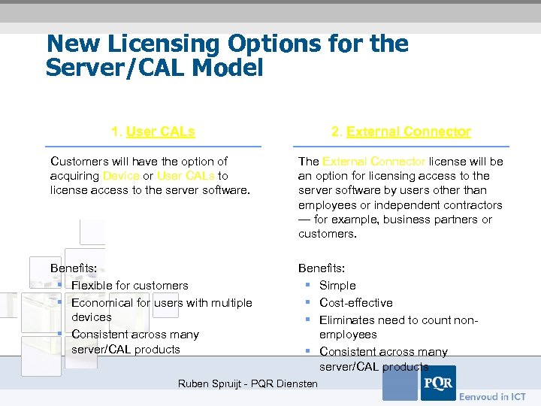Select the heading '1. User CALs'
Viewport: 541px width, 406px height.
[x=153, y=132]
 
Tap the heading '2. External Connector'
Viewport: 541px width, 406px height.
[x=401, y=132]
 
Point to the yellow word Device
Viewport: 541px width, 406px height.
[x=121, y=175]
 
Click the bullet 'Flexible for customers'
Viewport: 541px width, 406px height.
[x=129, y=286]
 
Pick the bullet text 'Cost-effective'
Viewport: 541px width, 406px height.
[x=356, y=302]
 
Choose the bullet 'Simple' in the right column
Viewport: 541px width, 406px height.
[x=337, y=286]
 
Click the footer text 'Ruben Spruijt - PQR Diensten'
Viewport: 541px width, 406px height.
[x=248, y=384]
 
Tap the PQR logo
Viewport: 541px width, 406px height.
[x=437, y=383]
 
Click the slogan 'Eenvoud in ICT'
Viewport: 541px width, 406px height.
[x=493, y=396]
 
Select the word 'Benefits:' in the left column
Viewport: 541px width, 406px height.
[x=74, y=268]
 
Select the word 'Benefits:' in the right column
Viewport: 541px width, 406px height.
[x=322, y=268]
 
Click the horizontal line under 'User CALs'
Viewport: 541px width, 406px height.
[x=153, y=146]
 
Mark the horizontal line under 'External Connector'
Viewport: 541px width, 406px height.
[x=401, y=146]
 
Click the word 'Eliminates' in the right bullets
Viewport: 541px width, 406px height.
[x=347, y=320]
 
